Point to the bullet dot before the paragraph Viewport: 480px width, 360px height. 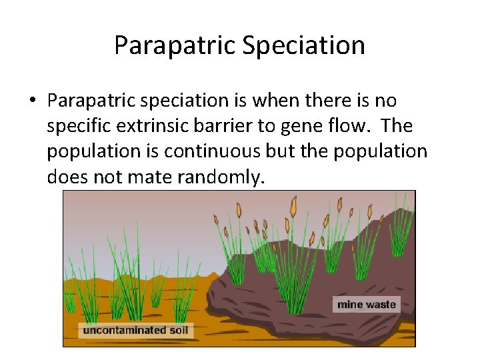[32, 101]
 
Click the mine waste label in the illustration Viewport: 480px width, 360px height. [366, 305]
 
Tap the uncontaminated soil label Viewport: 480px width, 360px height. [135, 330]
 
